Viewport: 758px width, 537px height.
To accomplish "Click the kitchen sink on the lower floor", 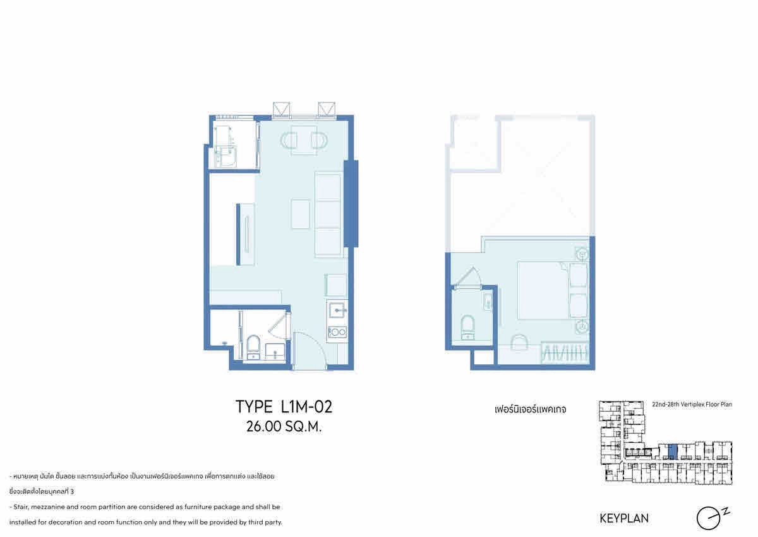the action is pos(337,309).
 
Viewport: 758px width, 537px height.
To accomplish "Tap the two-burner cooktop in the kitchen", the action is pos(337,331).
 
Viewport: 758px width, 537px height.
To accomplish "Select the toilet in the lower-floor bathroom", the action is pos(253,347).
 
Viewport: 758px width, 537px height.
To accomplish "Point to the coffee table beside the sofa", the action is pos(301,214).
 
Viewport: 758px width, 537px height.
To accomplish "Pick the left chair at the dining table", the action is pos(289,140).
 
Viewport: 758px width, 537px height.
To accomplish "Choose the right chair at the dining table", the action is pos(320,140).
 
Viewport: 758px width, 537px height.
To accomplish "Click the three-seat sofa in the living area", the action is pos(328,214).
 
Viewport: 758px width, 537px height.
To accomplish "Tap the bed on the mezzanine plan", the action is pos(552,290).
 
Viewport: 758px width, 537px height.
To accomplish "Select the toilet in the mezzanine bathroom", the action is pos(468,327).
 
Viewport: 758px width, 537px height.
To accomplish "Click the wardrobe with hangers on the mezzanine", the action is pos(565,354).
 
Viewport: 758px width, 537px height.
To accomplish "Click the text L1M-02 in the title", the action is pos(306,407).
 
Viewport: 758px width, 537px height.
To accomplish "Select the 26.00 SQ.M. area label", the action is pos(284,427).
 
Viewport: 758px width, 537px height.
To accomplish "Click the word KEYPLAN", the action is pos(624,518).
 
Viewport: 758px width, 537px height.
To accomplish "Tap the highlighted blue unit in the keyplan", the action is pos(673,452).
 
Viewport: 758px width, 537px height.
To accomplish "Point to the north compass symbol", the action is pos(710,519).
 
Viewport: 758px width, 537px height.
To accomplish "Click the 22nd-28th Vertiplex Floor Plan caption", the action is pos(692,405).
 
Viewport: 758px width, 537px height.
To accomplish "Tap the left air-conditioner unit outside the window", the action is pos(281,110).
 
